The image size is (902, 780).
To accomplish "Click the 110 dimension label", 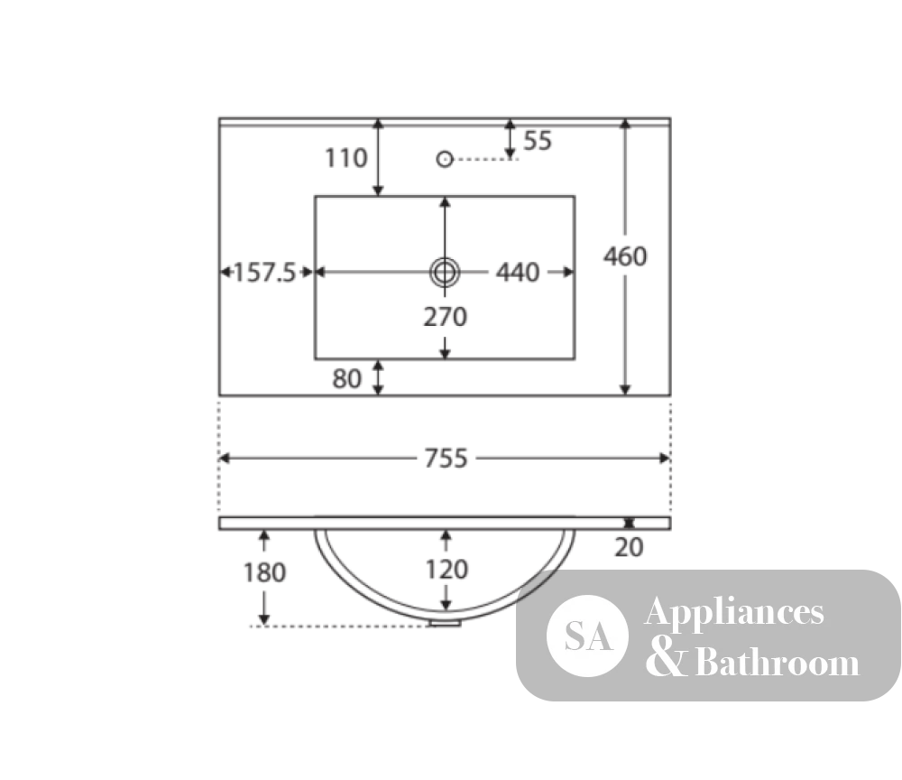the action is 345,158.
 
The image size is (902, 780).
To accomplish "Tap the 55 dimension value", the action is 538,141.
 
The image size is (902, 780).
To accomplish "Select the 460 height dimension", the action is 625,256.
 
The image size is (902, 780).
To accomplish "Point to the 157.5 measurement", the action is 264,273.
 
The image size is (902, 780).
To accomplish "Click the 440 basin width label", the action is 518,273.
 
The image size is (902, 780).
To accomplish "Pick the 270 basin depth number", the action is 446,317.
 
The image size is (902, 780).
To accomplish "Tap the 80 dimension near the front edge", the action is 346,379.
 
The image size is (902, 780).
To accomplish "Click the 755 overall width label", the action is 446,459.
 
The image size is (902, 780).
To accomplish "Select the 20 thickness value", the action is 628,547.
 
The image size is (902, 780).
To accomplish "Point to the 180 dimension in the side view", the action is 264,572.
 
